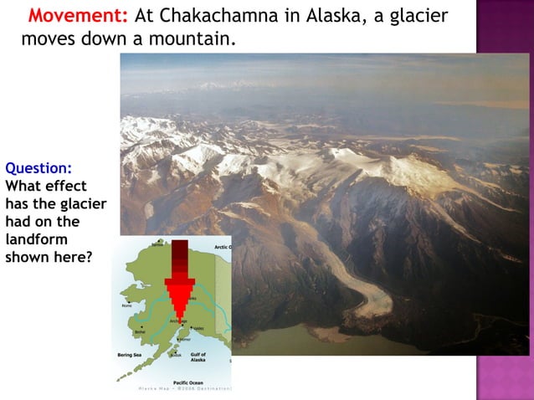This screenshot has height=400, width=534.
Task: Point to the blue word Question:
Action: point(39,167)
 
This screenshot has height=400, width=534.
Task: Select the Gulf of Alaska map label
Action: point(198,357)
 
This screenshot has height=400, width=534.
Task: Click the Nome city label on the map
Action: point(126,305)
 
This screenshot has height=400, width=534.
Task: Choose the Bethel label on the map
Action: point(138,331)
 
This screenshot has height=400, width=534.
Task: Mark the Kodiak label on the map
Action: point(175,355)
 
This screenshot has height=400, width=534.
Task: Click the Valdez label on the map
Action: point(198,328)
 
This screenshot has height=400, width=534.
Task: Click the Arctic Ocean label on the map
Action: point(222,247)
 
